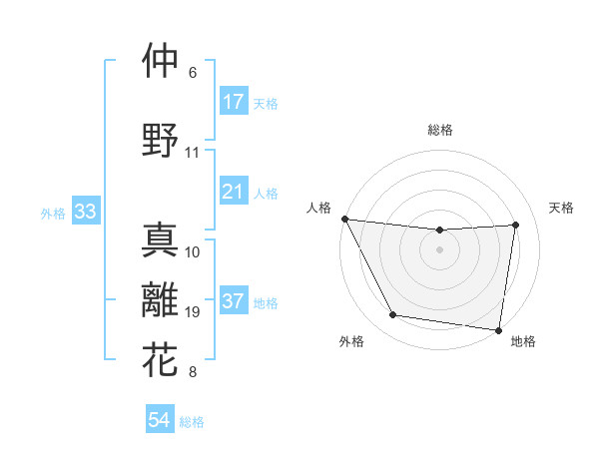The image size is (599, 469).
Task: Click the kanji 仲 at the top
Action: coord(161,61)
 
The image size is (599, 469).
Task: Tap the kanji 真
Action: coord(161,240)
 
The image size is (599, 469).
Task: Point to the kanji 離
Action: coord(161,301)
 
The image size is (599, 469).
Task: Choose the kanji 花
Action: coord(161,359)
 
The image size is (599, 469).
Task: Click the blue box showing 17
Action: coord(234,102)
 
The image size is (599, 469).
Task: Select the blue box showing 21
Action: coord(234,192)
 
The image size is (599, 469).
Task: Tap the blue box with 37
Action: coord(234,302)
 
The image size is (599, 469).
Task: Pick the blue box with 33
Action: coord(85,213)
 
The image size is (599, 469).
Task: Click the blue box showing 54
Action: coord(160,421)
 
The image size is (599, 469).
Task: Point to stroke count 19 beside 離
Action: coord(193,312)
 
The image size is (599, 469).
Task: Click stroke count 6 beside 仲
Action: coord(193,73)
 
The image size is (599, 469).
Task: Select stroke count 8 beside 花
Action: coord(193,373)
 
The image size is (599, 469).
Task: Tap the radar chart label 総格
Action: coord(440,130)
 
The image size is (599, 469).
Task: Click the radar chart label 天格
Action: coord(562,208)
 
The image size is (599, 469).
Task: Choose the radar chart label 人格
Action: coord(318,208)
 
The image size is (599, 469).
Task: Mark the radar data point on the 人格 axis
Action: coord(344,219)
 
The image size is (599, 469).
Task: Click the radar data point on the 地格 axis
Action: coord(499,330)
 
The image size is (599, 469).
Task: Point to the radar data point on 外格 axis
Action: coord(393,315)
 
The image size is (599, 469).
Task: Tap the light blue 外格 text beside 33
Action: coord(52,214)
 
